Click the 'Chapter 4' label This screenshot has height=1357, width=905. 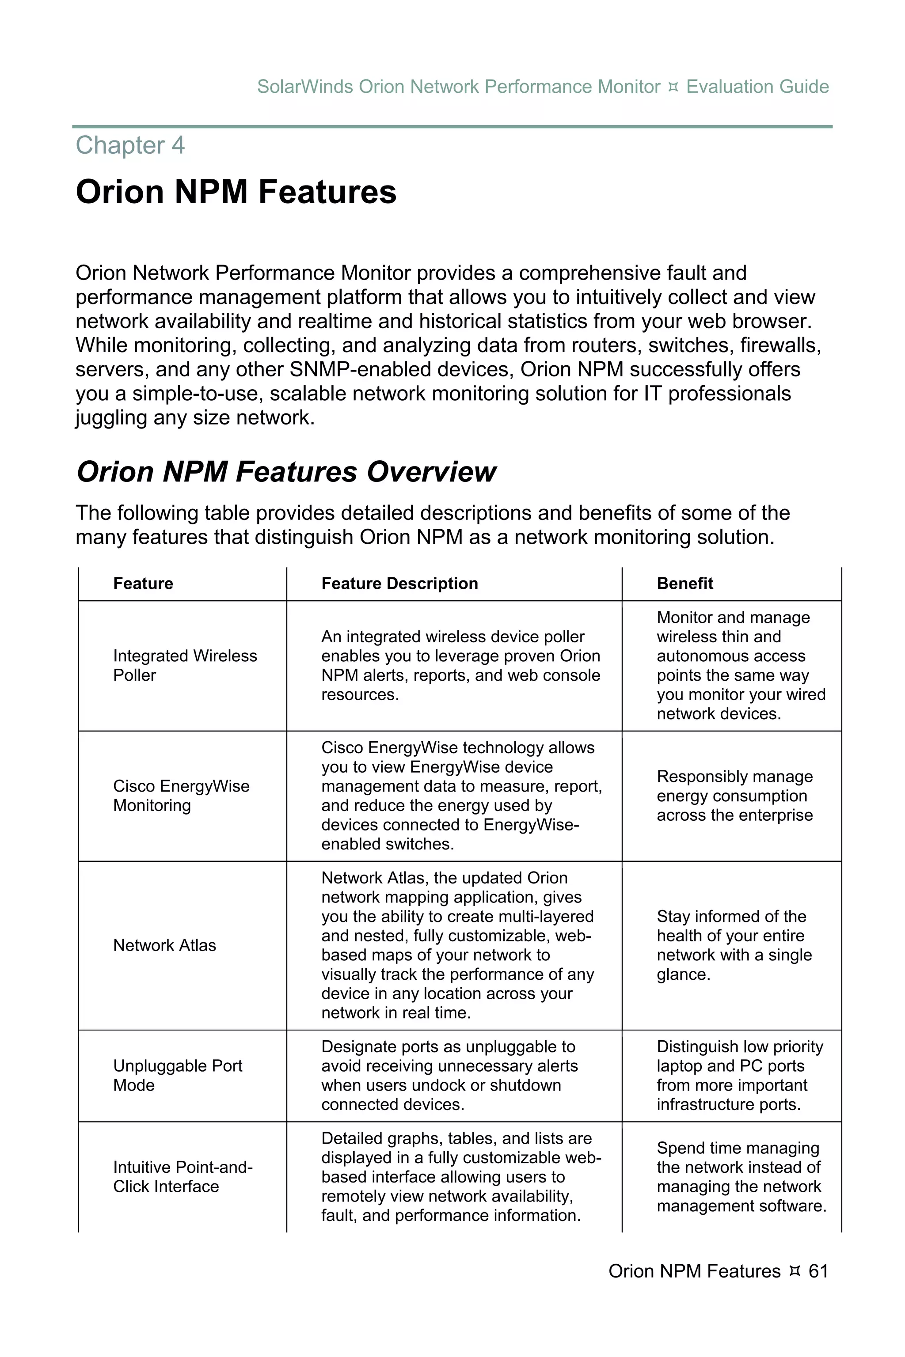130,145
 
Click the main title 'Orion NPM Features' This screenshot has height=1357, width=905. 236,192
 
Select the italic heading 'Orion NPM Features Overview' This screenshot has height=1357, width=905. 286,471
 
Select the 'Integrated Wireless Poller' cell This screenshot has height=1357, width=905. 185,665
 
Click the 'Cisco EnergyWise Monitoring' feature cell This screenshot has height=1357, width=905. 181,796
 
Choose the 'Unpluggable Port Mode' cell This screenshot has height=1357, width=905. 177,1076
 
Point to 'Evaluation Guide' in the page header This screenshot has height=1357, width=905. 757,87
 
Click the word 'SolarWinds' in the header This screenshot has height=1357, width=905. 305,87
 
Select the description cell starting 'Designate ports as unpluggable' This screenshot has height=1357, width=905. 449,1076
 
